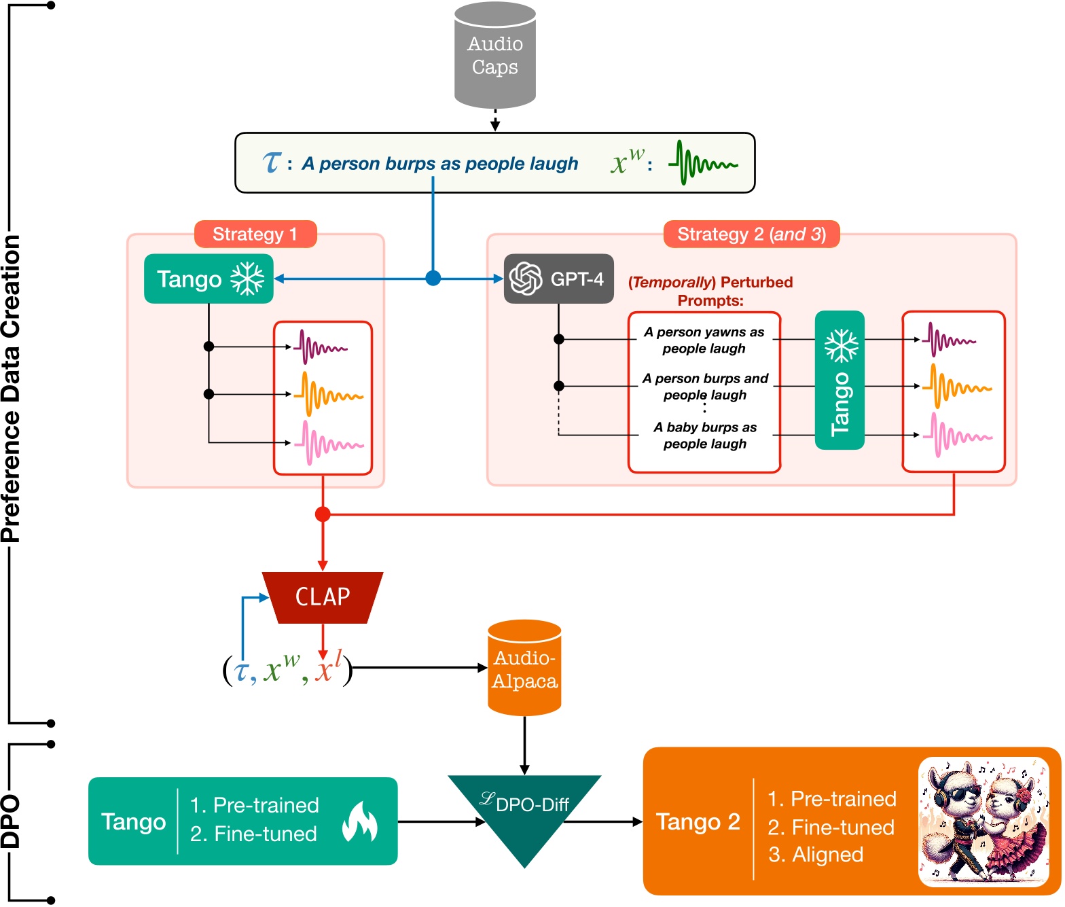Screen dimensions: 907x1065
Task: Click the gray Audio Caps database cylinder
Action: point(494,56)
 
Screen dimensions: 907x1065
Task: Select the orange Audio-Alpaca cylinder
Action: point(524,669)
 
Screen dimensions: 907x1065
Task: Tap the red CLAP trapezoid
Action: point(323,597)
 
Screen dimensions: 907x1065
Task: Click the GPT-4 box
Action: point(558,279)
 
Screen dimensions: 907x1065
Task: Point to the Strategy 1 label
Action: point(255,234)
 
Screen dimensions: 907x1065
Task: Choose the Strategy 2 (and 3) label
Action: point(751,234)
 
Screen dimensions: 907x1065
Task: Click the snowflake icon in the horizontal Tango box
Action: point(247,279)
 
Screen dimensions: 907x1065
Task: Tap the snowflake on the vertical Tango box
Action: point(840,346)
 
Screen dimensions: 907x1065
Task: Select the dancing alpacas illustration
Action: point(983,821)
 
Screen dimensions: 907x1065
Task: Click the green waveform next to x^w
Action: point(703,163)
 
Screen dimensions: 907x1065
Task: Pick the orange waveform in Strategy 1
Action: point(328,395)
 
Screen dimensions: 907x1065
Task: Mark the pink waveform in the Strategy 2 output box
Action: point(957,435)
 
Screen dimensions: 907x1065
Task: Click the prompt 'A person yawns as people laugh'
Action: point(704,340)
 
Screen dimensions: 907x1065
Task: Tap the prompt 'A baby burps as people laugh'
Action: point(704,435)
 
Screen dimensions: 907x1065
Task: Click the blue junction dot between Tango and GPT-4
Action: point(433,278)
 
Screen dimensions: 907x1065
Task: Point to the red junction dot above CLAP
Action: point(323,514)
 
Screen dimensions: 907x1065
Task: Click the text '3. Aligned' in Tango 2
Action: point(815,855)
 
